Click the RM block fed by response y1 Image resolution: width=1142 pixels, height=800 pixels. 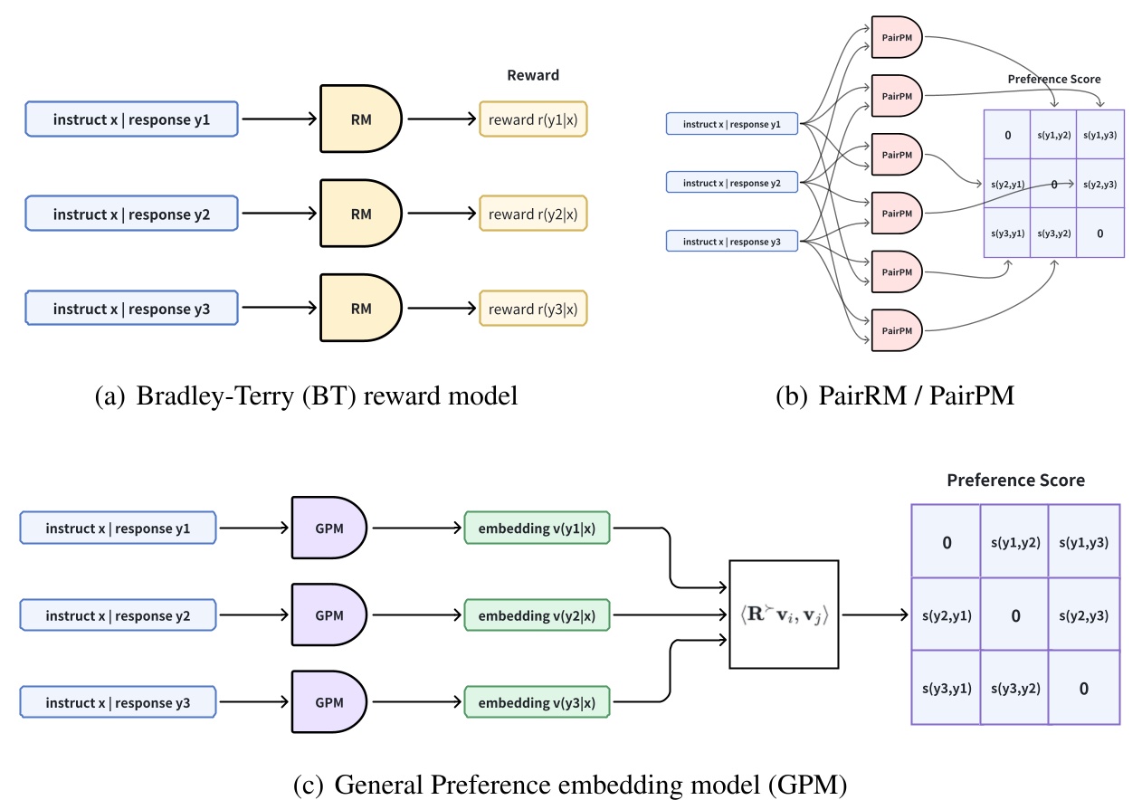point(359,119)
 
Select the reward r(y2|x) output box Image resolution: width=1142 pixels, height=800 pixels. point(533,214)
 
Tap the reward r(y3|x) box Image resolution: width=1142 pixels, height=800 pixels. point(533,310)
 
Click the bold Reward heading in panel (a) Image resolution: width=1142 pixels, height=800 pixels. point(533,75)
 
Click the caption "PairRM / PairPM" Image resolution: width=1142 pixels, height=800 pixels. point(895,395)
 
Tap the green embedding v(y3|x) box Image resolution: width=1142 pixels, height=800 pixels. point(537,703)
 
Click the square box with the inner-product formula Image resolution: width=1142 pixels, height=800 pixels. point(784,615)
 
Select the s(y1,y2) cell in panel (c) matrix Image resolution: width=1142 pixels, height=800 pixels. point(1014,542)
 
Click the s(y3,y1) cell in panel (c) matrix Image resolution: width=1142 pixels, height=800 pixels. point(946,688)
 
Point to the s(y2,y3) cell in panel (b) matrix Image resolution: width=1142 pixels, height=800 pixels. point(1100,184)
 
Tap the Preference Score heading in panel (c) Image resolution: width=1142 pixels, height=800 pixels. point(1015,480)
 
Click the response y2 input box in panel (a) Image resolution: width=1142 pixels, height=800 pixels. point(132,214)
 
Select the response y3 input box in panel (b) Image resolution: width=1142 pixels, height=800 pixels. point(731,242)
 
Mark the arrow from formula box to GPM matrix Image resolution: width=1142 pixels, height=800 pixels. point(873,615)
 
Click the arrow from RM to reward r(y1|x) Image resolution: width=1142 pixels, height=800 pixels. point(442,119)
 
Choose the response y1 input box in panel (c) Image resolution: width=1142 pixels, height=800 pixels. point(118,528)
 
